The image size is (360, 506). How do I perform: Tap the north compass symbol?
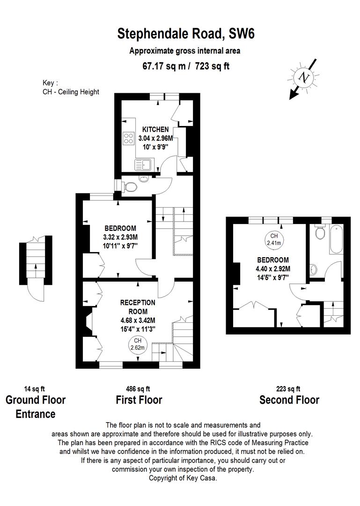pos(304,78)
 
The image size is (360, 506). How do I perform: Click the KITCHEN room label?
pos(155,129)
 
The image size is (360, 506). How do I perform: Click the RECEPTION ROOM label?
pos(138,307)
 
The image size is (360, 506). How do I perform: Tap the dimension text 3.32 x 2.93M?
pos(120,237)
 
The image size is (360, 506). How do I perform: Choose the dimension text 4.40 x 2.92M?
pos(273,268)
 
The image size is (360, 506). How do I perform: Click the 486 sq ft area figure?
pos(138,388)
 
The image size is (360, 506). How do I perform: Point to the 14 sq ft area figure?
pos(35,388)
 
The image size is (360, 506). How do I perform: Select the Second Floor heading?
pos(289,400)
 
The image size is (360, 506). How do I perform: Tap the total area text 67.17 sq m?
pos(165,66)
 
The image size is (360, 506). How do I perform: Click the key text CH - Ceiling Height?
pos(71,92)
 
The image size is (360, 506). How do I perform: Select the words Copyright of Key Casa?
pos(183,478)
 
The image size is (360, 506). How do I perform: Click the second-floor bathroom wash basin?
pos(313,269)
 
